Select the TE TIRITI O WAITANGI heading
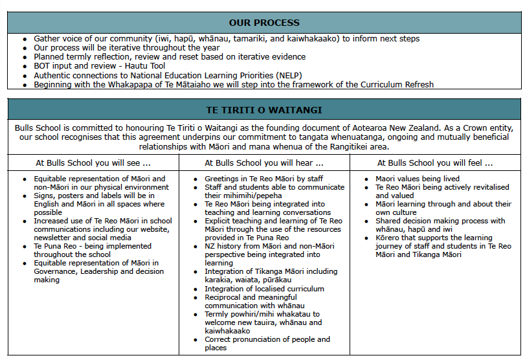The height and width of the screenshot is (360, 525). pos(263,110)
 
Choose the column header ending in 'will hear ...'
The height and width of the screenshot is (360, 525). pos(264,163)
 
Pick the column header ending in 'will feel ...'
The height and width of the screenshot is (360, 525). pos(434,163)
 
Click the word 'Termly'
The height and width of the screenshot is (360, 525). pos(217,314)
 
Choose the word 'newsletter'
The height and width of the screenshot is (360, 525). pos(54,238)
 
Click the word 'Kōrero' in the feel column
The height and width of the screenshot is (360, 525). pos(388,238)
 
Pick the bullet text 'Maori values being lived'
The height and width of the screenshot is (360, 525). pos(418,179)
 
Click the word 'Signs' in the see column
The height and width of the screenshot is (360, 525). pos(45,196)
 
